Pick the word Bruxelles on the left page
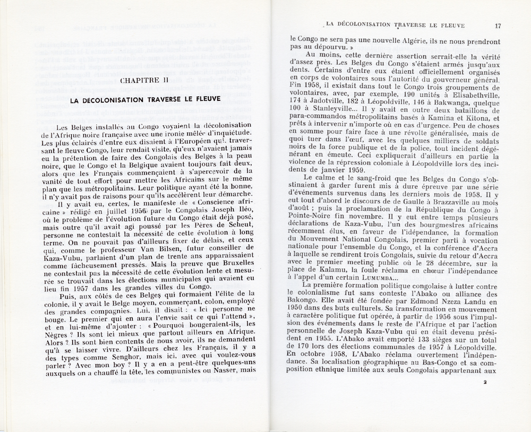(x=232, y=262)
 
